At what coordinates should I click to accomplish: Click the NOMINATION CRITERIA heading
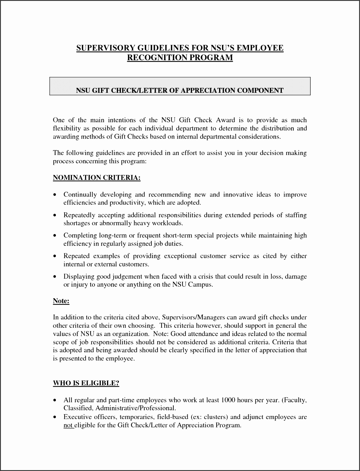click(97, 178)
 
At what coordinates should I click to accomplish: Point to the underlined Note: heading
click(61, 301)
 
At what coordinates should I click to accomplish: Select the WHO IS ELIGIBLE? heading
click(86, 383)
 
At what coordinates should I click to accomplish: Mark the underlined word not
click(68, 425)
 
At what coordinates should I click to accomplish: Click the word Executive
click(78, 417)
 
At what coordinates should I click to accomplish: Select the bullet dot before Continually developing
click(54, 195)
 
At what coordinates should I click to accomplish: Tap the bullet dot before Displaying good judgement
click(54, 277)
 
